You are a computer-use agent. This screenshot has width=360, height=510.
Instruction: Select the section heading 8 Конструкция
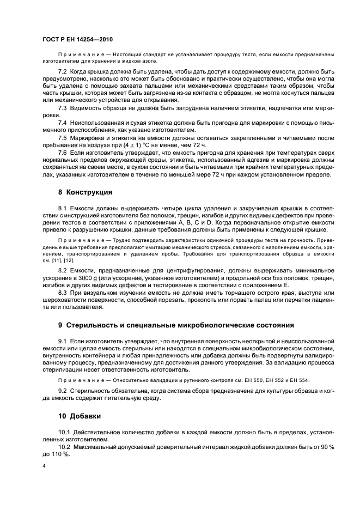tap(85, 193)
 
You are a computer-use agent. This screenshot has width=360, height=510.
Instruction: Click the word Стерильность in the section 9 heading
tap(95, 325)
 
